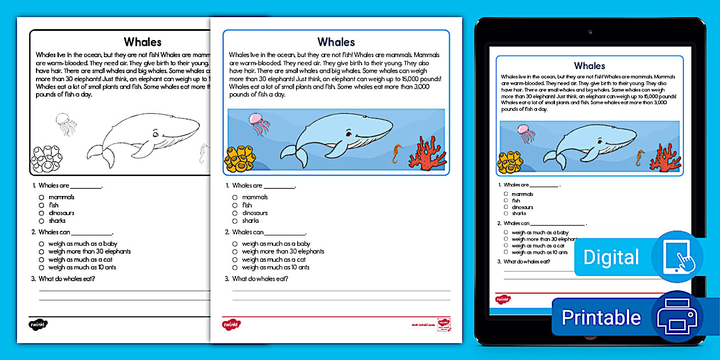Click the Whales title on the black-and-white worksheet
tap(143, 42)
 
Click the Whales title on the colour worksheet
tap(336, 42)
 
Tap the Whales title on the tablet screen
tap(589, 66)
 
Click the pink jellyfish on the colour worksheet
tap(259, 123)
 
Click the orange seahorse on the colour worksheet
tap(397, 153)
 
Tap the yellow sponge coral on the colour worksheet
tap(239, 158)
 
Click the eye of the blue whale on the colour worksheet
tap(347, 134)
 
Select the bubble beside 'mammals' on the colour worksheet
tap(235, 197)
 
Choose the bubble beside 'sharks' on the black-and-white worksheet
tap(42, 221)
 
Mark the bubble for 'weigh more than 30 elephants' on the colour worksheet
tap(235, 251)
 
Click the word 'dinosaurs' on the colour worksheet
tap(255, 213)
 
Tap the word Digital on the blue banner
tap(611, 257)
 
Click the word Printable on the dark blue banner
tap(601, 317)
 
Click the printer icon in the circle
tap(677, 317)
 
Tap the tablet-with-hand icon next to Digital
tap(678, 257)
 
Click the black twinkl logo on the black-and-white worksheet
tap(38, 325)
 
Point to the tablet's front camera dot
tap(590, 31)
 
